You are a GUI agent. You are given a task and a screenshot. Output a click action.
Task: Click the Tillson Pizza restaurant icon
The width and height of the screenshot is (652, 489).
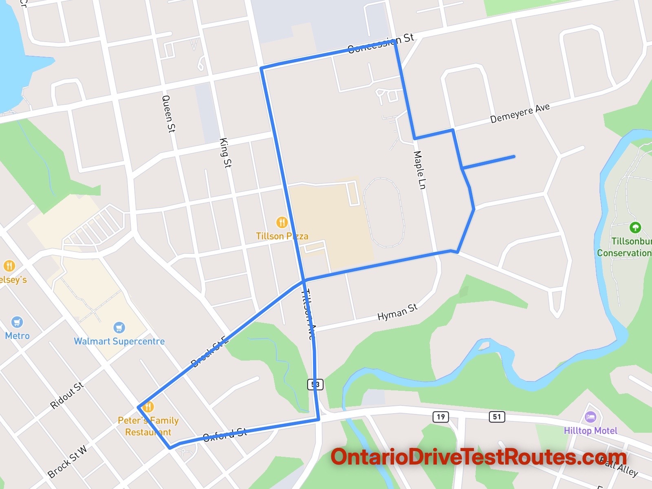pos(282,222)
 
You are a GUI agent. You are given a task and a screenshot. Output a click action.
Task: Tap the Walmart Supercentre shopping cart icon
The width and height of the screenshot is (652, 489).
pos(119,327)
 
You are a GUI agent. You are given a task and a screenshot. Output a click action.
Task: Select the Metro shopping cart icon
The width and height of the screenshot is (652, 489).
pos(17,322)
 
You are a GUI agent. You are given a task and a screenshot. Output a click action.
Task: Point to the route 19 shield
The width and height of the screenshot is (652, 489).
pos(441,417)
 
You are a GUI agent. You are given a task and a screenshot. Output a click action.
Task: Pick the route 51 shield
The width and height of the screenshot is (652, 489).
pos(497,416)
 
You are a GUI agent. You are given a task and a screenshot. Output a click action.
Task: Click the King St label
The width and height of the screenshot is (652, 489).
pos(225,153)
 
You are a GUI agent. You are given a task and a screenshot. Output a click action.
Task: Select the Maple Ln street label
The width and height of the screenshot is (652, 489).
pos(419,170)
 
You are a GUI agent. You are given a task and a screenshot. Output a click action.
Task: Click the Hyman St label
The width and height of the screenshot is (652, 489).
pos(397,312)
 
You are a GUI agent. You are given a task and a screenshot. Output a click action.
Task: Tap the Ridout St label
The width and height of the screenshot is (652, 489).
pos(67,395)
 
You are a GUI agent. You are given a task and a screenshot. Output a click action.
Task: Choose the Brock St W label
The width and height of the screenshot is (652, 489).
pos(67,462)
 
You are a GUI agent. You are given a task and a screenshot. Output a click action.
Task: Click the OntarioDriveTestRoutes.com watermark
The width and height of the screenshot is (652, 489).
pos(478,457)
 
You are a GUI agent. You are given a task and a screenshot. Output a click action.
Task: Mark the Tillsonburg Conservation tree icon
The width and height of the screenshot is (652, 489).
pos(635,227)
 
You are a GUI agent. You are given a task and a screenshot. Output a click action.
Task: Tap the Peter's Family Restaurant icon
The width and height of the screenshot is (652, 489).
pos(148,407)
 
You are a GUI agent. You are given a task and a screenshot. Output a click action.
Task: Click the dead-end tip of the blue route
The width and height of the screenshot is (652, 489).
pos(514,156)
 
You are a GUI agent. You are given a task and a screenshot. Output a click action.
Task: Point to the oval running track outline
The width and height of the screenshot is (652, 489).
pos(384,212)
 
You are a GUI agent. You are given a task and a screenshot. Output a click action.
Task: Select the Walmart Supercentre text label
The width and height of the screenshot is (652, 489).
pos(119,341)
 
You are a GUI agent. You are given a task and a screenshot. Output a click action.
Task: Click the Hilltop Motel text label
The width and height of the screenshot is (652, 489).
pos(590,431)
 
